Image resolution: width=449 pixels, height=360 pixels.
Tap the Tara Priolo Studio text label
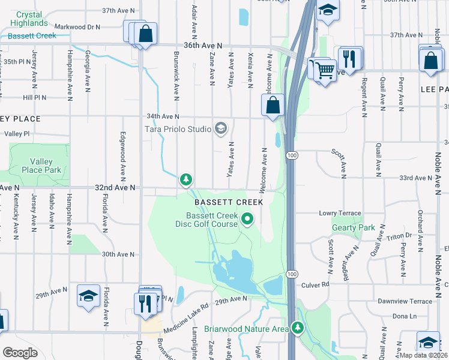click(178, 128)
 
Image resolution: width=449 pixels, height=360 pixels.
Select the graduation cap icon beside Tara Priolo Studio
click(221, 128)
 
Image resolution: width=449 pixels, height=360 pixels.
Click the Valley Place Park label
click(46, 166)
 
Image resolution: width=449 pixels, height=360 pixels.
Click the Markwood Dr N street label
click(77, 27)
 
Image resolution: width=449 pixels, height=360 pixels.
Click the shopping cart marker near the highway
click(325, 70)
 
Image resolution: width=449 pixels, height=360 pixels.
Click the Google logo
click(20, 353)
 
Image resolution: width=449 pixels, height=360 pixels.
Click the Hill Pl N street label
click(34, 97)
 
